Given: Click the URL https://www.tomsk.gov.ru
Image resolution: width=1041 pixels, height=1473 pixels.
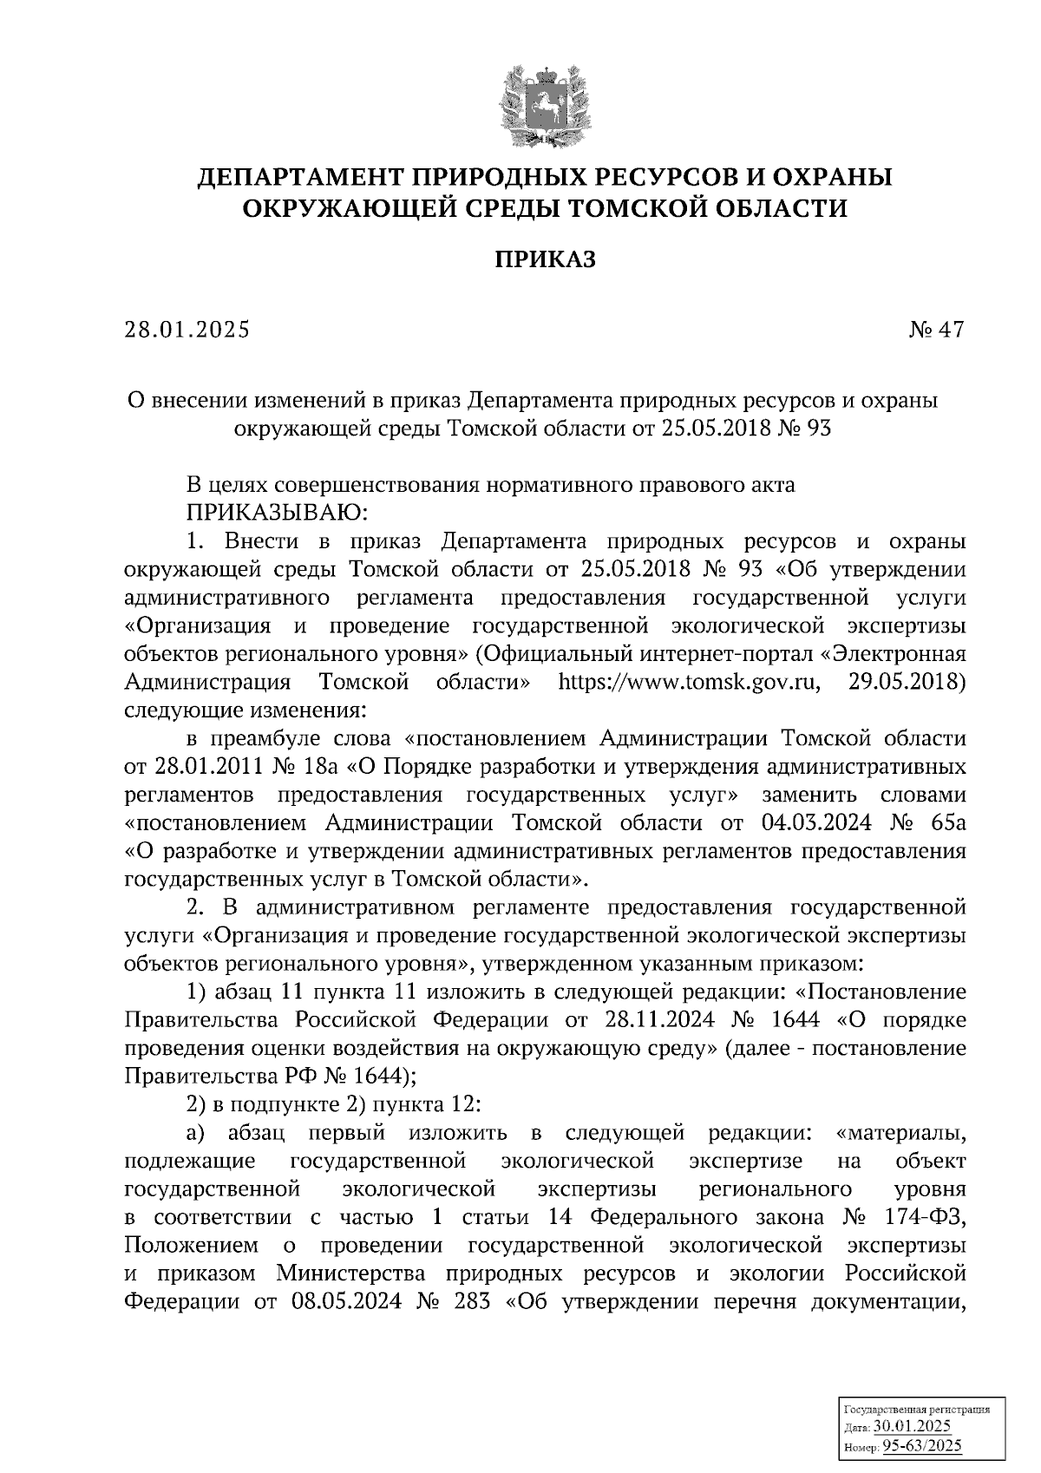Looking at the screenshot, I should click(x=690, y=683).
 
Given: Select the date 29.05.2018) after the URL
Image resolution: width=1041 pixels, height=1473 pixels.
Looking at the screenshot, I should click(x=904, y=683).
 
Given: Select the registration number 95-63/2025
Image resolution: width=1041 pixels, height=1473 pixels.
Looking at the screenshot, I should click(x=922, y=1445).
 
